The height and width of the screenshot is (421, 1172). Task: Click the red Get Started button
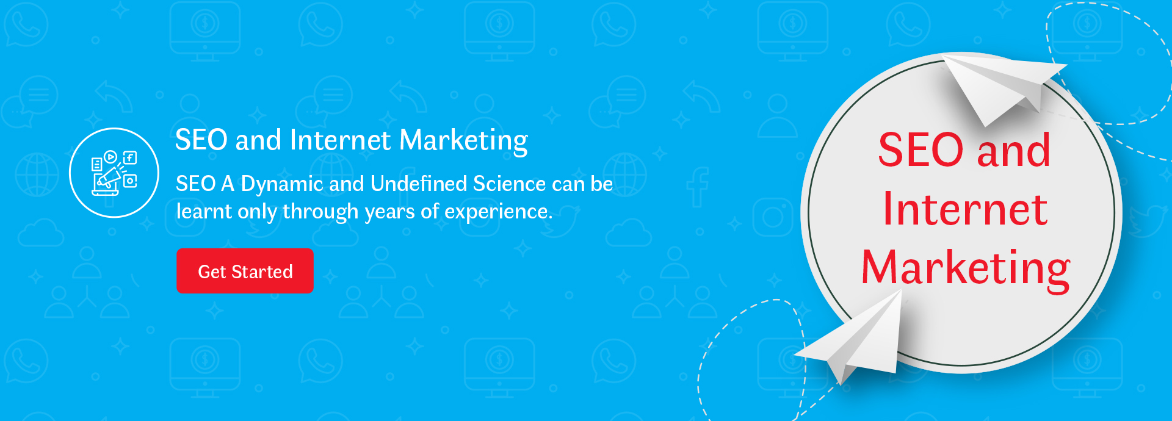click(x=245, y=271)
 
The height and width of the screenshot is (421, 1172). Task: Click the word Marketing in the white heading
click(x=464, y=141)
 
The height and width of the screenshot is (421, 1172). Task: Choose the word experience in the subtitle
click(x=498, y=212)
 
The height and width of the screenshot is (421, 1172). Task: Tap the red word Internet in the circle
click(x=965, y=209)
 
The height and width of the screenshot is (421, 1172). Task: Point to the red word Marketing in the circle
click(x=966, y=268)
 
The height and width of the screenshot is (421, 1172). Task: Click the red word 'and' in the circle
click(x=1013, y=150)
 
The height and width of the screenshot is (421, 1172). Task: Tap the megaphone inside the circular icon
click(x=109, y=178)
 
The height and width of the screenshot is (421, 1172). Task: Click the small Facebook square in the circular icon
click(x=130, y=158)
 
